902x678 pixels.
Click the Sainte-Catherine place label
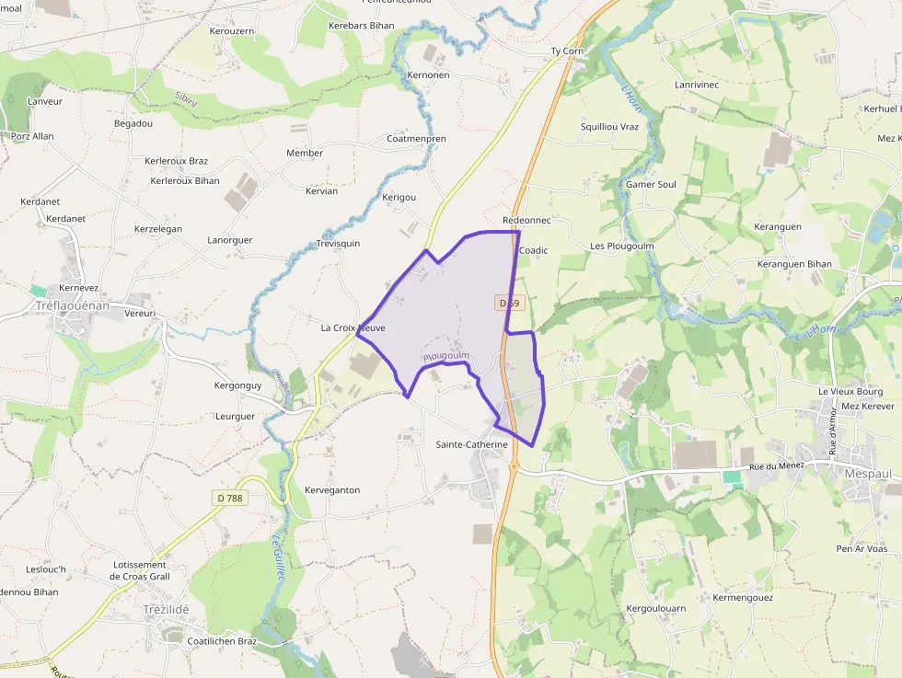pyautogui.click(x=471, y=444)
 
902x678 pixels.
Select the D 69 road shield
pyautogui.click(x=511, y=302)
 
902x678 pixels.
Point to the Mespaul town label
pyautogui.click(x=867, y=473)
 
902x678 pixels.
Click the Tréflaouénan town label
pyautogui.click(x=72, y=305)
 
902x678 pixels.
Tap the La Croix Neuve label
pyautogui.click(x=353, y=328)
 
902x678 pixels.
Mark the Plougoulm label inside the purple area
pyautogui.click(x=446, y=355)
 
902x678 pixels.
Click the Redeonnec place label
pyautogui.click(x=526, y=221)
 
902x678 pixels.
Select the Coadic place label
pyautogui.click(x=534, y=250)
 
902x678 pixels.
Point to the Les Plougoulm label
pyautogui.click(x=621, y=246)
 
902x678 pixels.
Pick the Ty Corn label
pyautogui.click(x=567, y=51)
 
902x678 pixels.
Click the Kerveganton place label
pyautogui.click(x=332, y=490)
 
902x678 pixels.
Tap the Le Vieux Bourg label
pyautogui.click(x=850, y=391)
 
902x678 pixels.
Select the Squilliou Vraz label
pyautogui.click(x=609, y=126)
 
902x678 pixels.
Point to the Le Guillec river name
pyautogui.click(x=278, y=557)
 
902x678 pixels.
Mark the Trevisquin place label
pyautogui.click(x=338, y=244)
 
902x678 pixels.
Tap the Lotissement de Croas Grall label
pyautogui.click(x=140, y=570)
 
